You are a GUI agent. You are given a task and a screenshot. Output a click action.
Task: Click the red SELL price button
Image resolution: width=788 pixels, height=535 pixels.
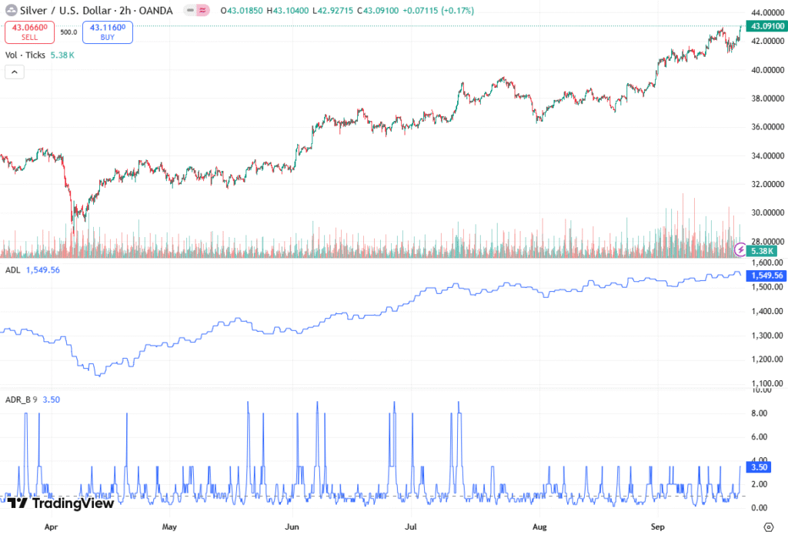coord(29,32)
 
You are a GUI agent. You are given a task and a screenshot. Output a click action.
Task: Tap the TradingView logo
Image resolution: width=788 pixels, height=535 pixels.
coord(62,503)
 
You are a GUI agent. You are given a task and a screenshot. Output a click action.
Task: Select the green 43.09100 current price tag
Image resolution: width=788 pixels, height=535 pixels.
coord(767,26)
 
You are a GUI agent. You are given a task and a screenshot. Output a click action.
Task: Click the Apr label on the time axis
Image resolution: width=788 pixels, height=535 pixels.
coord(51,527)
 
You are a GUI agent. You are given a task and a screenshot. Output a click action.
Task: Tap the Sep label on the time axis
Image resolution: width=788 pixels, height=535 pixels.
coord(658,527)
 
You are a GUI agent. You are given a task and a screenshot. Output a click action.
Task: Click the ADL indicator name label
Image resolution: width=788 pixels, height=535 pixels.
coord(12,270)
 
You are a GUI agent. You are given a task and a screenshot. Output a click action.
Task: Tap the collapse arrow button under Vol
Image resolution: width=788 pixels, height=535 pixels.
coord(14,72)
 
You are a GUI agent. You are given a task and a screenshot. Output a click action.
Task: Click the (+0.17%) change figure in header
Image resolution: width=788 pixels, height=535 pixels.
coord(457,10)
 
